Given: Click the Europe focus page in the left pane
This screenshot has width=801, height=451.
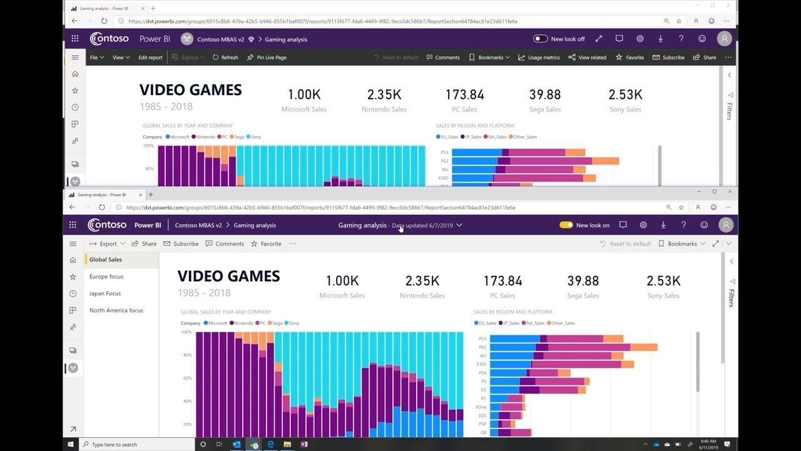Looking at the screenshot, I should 106,276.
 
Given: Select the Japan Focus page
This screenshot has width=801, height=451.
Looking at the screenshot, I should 105,293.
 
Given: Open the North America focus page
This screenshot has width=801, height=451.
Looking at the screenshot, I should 116,310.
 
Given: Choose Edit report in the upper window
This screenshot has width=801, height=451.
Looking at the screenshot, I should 150,58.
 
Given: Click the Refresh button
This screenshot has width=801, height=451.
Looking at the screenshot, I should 225,58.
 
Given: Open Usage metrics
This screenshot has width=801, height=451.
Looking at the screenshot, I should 539,58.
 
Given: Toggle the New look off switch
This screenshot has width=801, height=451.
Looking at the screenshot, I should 540,39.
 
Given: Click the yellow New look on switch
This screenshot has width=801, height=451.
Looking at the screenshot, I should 566,225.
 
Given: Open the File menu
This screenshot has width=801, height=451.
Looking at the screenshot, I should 96,58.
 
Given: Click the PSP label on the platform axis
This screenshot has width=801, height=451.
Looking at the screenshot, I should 482,424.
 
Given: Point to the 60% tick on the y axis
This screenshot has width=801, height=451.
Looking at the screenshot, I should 186,378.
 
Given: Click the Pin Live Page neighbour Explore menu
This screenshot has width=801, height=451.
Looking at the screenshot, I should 189,58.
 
